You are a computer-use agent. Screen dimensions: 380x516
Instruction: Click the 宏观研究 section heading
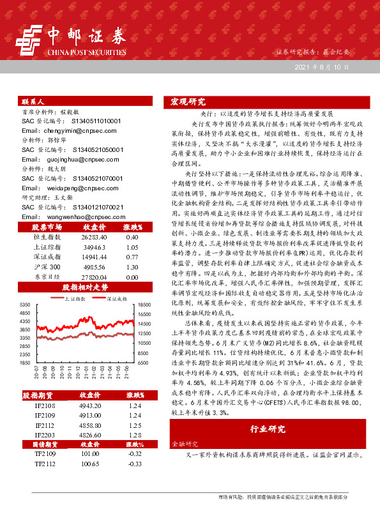188,102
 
